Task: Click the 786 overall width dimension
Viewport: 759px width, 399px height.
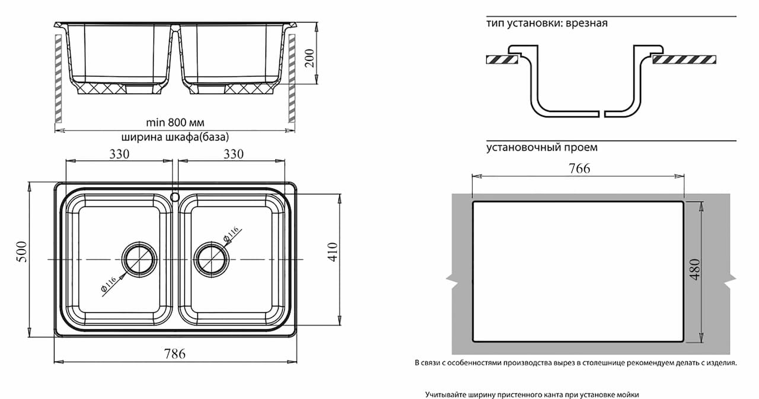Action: click(175, 353)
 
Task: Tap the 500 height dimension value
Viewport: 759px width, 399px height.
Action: click(22, 251)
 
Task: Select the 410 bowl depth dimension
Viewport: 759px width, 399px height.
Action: click(333, 251)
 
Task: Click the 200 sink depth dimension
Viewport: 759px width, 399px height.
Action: click(310, 58)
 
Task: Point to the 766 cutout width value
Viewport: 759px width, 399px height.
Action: click(579, 168)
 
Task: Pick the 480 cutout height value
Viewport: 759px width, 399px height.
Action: click(694, 269)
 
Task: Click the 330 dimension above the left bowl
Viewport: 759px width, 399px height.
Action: click(119, 154)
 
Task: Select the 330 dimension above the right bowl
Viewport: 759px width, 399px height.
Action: click(234, 154)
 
